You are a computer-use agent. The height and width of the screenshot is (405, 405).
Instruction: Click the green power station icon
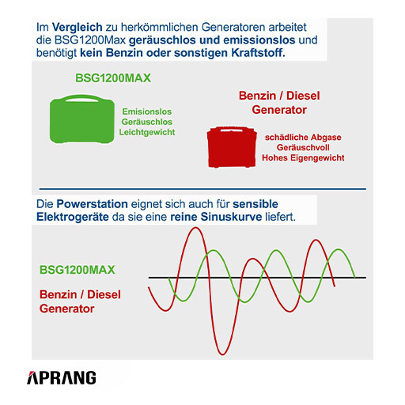(x=82, y=119)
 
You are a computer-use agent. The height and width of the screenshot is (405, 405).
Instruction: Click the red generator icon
(x=232, y=147)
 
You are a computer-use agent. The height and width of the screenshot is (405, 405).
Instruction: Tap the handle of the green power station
(x=82, y=98)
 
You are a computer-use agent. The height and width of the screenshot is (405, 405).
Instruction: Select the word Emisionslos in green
(x=147, y=112)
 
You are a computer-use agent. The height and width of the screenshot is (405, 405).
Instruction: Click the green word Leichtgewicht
(x=147, y=132)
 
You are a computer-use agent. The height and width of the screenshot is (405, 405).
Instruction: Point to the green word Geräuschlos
(x=147, y=122)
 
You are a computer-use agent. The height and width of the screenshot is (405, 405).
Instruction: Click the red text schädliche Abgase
(x=303, y=138)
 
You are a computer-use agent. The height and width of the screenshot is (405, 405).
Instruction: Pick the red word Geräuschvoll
(x=303, y=147)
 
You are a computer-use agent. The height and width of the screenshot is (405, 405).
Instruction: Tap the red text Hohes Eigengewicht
(x=303, y=157)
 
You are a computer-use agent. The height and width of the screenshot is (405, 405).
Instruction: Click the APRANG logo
(x=62, y=377)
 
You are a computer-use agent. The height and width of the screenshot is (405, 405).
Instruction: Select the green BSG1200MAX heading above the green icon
(x=113, y=78)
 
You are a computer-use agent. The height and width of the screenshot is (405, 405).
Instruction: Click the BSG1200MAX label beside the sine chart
(x=78, y=270)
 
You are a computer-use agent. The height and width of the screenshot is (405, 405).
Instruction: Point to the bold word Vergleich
(x=78, y=27)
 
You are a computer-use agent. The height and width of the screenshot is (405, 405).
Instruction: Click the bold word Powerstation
(x=93, y=204)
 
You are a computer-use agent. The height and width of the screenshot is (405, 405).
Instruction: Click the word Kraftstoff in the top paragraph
(x=258, y=53)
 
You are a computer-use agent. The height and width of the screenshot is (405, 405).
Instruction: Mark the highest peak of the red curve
(x=195, y=228)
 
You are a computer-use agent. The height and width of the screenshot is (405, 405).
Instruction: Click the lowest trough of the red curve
(x=222, y=354)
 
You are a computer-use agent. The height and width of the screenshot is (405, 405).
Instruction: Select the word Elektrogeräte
(x=73, y=217)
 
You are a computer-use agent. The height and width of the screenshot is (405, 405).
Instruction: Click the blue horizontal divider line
(x=202, y=189)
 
